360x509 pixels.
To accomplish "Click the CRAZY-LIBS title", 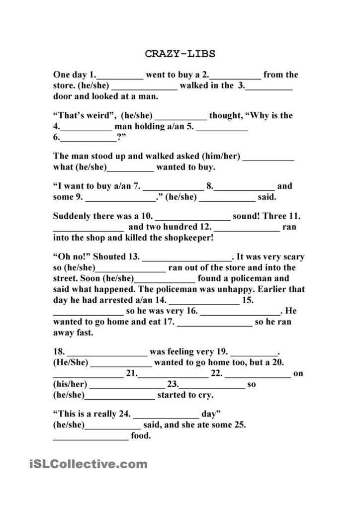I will tap(180, 54).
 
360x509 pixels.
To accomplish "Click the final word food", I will tap(141, 436).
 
